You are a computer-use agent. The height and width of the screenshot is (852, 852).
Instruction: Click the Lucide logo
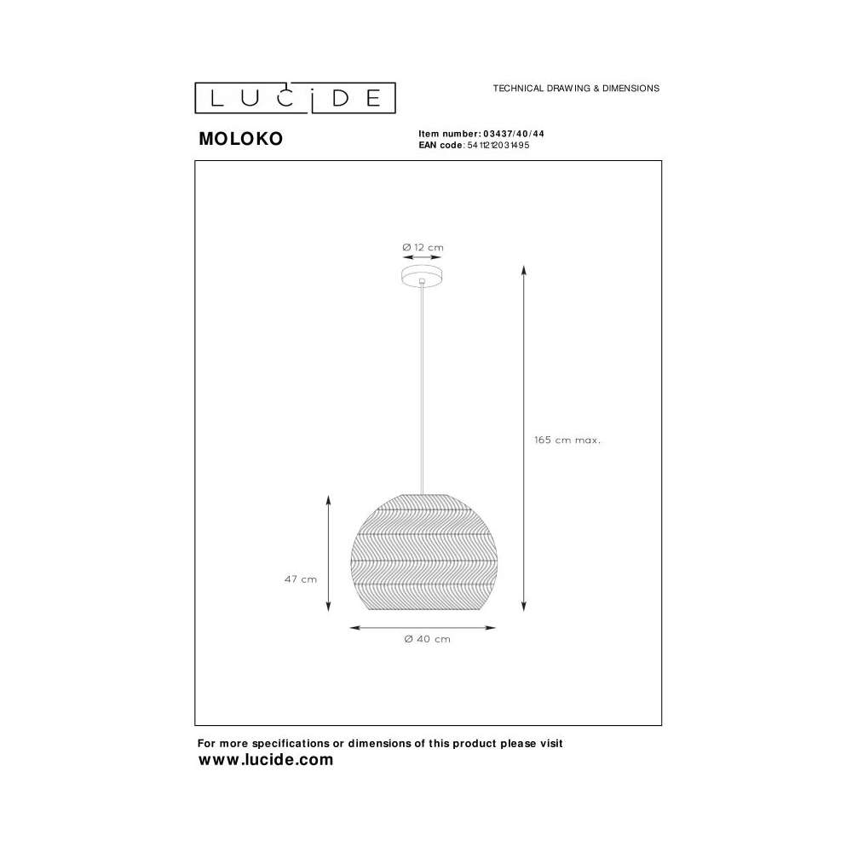[x=295, y=98]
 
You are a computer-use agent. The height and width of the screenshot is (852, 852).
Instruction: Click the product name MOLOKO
[x=241, y=139]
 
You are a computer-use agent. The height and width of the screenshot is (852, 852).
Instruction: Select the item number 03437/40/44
[x=514, y=134]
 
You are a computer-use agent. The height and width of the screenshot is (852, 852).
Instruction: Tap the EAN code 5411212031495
[x=498, y=145]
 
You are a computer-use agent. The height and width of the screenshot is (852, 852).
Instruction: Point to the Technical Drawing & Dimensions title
[x=576, y=88]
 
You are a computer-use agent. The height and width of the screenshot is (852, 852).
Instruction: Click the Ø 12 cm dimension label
[x=423, y=247]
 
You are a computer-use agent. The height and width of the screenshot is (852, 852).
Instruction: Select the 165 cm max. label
[x=567, y=440]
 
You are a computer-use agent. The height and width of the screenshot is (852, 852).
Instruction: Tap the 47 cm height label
[x=301, y=579]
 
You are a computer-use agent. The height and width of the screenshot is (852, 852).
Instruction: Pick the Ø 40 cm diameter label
[x=427, y=639]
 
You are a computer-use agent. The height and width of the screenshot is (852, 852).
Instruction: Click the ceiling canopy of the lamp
[x=422, y=275]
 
